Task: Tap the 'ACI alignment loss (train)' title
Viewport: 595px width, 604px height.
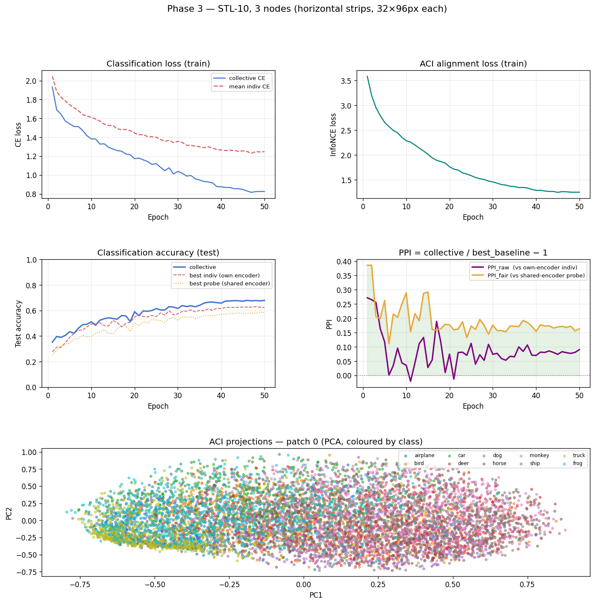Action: [473, 64]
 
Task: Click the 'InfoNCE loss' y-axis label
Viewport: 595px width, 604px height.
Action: [334, 135]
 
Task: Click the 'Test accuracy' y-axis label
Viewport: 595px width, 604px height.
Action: [19, 323]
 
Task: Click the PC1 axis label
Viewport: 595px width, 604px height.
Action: [316, 595]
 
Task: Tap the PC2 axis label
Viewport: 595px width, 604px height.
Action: [9, 512]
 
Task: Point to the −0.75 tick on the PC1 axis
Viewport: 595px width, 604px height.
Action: [80, 585]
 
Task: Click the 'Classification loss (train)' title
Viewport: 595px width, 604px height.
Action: [158, 64]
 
